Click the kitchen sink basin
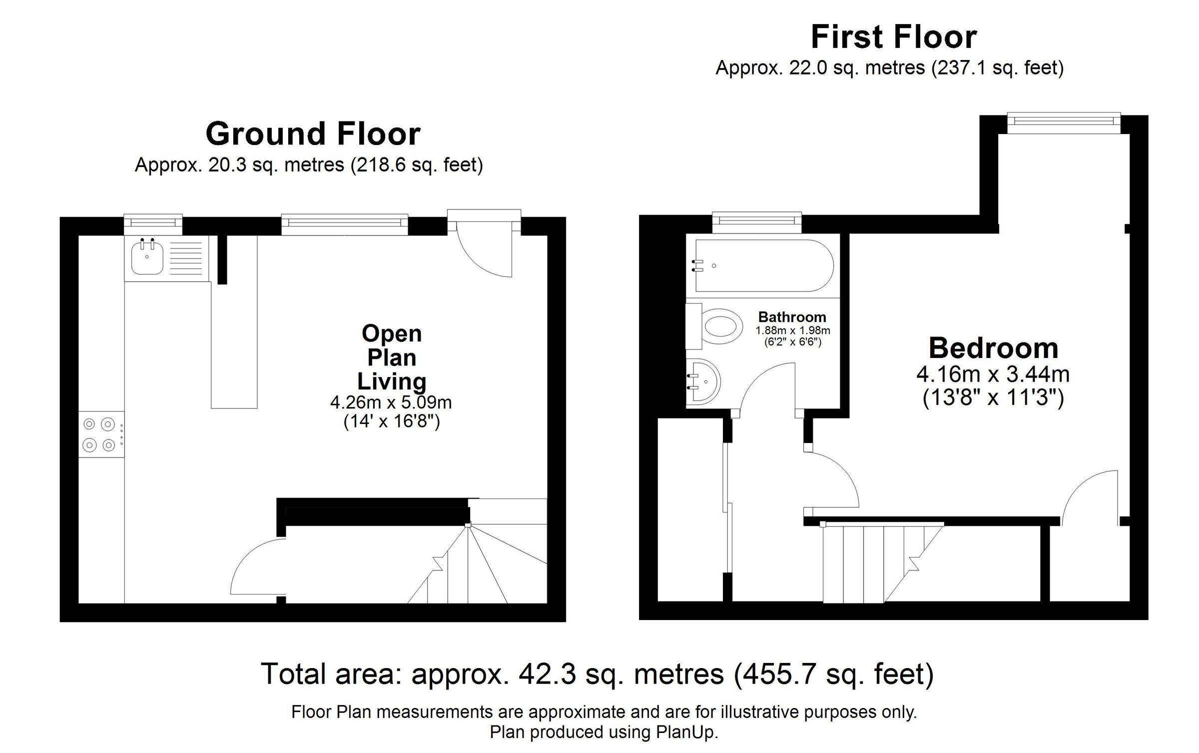[146, 257]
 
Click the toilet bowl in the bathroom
[722, 328]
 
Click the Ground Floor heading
[313, 134]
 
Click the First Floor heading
[893, 37]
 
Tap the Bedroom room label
[993, 348]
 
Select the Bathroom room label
[792, 317]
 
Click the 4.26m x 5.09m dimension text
[391, 402]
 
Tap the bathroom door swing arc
[762, 387]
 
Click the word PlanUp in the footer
[687, 732]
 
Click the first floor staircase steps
[874, 562]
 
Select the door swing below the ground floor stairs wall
[255, 567]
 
